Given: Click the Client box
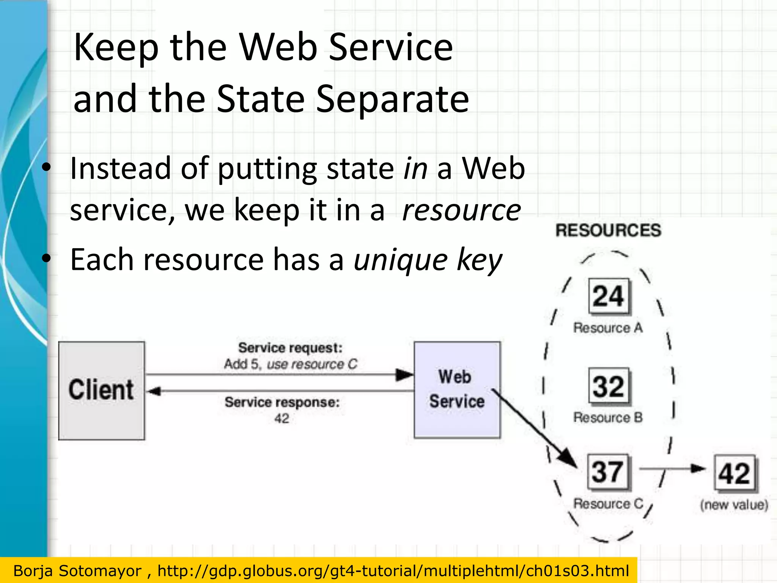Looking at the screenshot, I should [101, 391].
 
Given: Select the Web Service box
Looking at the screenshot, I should [457, 390].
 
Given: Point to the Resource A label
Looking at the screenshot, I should [608, 328].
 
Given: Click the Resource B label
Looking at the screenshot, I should [608, 418].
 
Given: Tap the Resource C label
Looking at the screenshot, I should [608, 504].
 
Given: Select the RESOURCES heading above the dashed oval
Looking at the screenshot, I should [608, 230].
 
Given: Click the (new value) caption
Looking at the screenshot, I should [734, 505].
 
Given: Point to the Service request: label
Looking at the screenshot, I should [290, 348].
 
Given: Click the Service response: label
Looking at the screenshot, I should [282, 402].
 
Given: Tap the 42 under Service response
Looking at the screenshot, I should [282, 418].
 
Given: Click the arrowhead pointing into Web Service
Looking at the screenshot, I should [404, 375].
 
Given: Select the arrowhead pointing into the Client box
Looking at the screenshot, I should [154, 391].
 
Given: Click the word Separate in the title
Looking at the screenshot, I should [392, 99].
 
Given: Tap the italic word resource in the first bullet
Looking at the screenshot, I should [461, 210].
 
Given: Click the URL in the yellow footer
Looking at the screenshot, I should [393, 571].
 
